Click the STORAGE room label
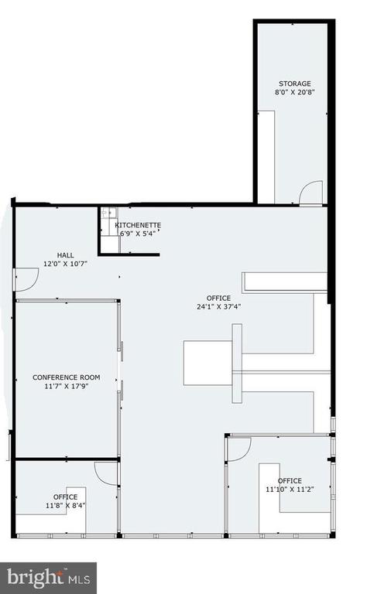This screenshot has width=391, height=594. (295, 84)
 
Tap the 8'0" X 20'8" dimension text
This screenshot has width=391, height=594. (295, 92)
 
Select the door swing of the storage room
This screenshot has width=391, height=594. (311, 193)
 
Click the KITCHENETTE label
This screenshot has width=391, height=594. (138, 225)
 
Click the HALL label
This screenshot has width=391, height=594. (66, 255)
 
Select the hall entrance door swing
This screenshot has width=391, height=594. (26, 279)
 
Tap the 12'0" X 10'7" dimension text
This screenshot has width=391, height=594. (66, 264)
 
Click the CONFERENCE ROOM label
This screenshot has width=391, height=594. (67, 377)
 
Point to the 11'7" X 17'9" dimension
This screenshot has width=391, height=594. (67, 387)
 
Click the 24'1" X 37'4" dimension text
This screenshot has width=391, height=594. (219, 307)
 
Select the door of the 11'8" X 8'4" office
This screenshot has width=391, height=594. (107, 473)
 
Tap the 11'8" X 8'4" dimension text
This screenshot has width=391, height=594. (65, 505)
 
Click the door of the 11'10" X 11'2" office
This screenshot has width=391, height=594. (239, 449)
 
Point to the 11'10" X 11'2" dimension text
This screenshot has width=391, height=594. (290, 490)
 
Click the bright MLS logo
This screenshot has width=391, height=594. (48, 579)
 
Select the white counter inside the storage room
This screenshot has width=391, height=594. (266, 157)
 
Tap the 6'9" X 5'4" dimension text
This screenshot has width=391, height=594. (138, 234)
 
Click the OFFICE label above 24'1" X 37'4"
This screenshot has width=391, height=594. (218, 298)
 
